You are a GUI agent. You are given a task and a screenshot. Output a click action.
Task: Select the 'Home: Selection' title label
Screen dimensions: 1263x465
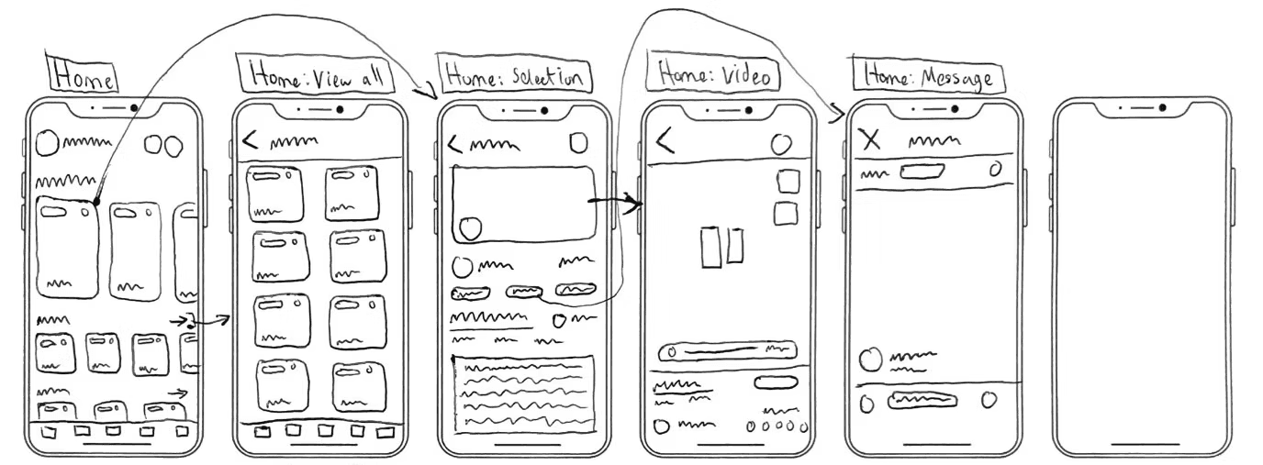[515, 76]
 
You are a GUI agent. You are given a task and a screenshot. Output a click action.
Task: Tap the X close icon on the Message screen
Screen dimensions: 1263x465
[870, 139]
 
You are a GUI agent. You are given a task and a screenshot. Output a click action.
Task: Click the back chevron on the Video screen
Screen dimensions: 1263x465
[665, 139]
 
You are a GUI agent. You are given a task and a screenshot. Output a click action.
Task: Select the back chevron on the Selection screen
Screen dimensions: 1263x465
[454, 145]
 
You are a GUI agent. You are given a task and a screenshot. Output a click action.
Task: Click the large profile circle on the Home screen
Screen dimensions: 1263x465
[47, 144]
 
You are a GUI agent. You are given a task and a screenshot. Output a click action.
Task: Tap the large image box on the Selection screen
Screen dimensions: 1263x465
[522, 205]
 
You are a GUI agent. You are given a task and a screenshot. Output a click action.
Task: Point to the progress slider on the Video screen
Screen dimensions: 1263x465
[728, 350]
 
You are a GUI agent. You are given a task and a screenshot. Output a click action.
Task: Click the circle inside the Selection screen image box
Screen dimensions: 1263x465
[470, 228]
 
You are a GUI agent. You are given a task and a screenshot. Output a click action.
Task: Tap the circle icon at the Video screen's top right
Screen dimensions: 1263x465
[781, 143]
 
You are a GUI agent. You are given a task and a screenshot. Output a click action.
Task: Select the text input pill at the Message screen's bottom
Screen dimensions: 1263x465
[923, 400]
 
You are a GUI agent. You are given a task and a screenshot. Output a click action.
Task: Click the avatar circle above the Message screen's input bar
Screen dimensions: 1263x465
[870, 359]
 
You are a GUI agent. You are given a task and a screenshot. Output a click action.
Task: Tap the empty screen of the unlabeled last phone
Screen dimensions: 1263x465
[1141, 275]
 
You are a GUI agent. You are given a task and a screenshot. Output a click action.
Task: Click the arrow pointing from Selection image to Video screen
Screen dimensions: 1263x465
[614, 203]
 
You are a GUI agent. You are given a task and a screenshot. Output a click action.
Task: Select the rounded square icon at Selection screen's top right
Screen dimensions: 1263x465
[578, 143]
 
